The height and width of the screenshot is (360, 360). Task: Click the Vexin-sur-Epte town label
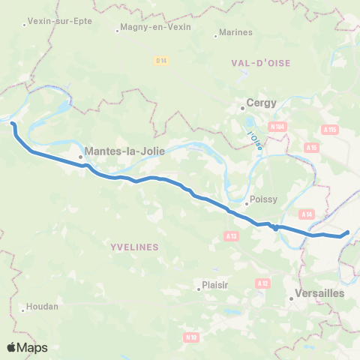click(59, 21)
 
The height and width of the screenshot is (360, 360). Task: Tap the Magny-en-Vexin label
click(157, 27)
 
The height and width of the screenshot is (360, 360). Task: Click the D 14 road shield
click(160, 60)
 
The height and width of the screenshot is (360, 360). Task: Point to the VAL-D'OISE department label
click(260, 70)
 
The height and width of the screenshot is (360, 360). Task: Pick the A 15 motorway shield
click(313, 148)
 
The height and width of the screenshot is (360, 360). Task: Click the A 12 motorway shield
click(262, 283)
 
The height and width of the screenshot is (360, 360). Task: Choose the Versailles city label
click(320, 293)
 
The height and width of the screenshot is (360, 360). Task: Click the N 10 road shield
click(191, 337)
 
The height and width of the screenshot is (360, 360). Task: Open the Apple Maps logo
click(27, 347)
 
